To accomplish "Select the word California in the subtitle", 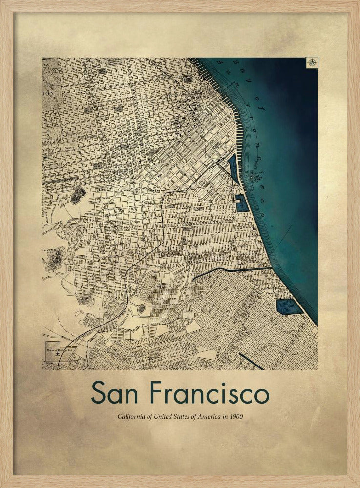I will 131,417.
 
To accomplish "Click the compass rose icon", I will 312,62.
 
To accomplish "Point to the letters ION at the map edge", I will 49,93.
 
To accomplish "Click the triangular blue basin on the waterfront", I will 233,169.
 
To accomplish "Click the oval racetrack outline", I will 142,308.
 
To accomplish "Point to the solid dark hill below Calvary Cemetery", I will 77,196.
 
